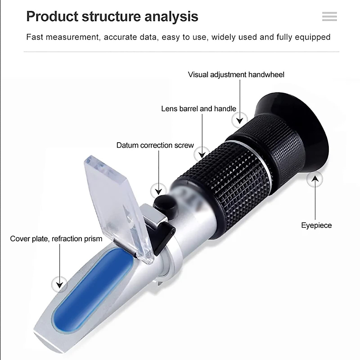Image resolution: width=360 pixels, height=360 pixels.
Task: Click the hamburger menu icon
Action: (x=329, y=16)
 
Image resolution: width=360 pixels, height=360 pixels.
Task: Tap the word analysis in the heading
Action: (x=171, y=17)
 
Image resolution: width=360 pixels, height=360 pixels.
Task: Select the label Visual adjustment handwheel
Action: (x=236, y=74)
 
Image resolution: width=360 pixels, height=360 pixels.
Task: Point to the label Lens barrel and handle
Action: (x=199, y=109)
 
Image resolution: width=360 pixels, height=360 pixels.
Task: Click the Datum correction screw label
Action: (x=155, y=145)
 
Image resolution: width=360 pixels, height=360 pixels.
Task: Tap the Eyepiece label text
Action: (x=316, y=225)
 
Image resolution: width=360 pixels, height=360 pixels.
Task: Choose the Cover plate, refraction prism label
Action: (x=56, y=239)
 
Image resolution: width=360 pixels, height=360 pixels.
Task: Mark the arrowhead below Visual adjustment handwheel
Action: (x=239, y=121)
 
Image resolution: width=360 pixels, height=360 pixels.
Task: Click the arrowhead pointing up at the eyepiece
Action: (x=315, y=179)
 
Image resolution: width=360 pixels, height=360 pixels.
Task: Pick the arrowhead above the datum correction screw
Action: (x=159, y=191)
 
